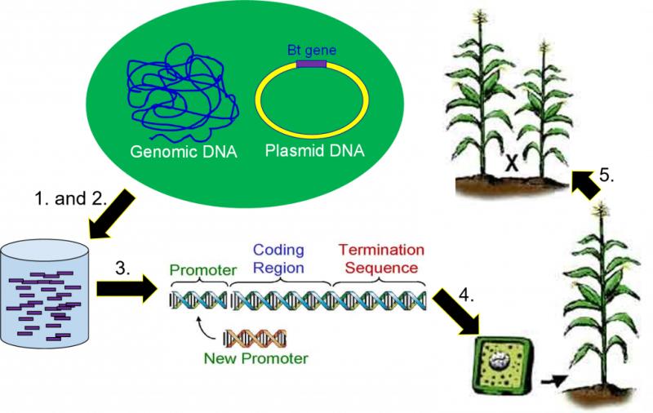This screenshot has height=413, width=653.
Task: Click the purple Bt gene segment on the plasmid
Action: (x=311, y=64)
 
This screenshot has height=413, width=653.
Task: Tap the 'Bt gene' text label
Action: (x=312, y=51)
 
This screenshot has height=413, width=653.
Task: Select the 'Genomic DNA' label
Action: (x=183, y=152)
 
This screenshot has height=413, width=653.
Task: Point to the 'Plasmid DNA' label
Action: (x=314, y=150)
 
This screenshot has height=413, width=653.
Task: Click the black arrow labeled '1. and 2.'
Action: (x=112, y=215)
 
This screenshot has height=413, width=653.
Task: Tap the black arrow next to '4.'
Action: (x=456, y=313)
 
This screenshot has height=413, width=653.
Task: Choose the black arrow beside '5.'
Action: (x=586, y=184)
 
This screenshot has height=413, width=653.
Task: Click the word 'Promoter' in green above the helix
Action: (x=202, y=270)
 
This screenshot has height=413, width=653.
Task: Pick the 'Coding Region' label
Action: (x=278, y=259)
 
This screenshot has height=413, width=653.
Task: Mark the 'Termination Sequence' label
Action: (x=381, y=259)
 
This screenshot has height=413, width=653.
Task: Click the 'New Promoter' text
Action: (x=255, y=358)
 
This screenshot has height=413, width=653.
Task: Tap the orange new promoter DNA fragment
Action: (x=255, y=339)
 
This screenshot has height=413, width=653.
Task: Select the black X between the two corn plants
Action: (x=512, y=162)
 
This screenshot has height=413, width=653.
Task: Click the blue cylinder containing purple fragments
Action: (x=45, y=295)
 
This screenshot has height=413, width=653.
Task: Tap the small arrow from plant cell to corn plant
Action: (x=553, y=380)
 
